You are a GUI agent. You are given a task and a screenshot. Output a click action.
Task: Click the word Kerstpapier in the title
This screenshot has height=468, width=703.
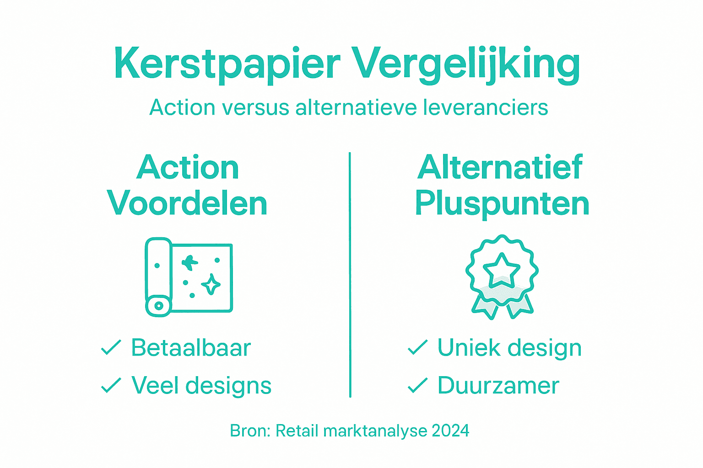(227, 64)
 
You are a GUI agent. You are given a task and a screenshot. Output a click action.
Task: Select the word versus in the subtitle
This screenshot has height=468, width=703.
(255, 108)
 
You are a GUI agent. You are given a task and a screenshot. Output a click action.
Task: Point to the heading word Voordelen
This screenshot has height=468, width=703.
(187, 203)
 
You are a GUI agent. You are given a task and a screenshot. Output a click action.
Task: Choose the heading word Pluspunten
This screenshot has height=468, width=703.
(502, 203)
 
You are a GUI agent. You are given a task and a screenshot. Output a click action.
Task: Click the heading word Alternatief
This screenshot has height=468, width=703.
(500, 167)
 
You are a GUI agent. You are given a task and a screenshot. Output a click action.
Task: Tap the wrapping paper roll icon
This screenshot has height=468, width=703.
(189, 277)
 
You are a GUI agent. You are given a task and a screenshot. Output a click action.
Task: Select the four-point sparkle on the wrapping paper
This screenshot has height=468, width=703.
(211, 285)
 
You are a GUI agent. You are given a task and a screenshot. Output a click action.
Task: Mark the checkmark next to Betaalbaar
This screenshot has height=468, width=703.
(111, 348)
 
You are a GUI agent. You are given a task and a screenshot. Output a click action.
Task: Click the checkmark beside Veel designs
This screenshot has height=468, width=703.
(111, 385)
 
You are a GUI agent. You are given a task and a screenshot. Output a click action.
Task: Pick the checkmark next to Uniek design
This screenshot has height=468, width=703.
(417, 348)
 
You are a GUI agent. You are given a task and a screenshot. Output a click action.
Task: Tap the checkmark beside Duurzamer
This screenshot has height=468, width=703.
(417, 385)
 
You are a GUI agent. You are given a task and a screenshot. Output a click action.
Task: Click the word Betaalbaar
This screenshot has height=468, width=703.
(191, 348)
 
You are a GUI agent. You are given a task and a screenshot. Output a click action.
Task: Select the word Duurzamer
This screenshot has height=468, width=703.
(498, 385)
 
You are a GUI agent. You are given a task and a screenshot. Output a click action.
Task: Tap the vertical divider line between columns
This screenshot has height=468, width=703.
(350, 274)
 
